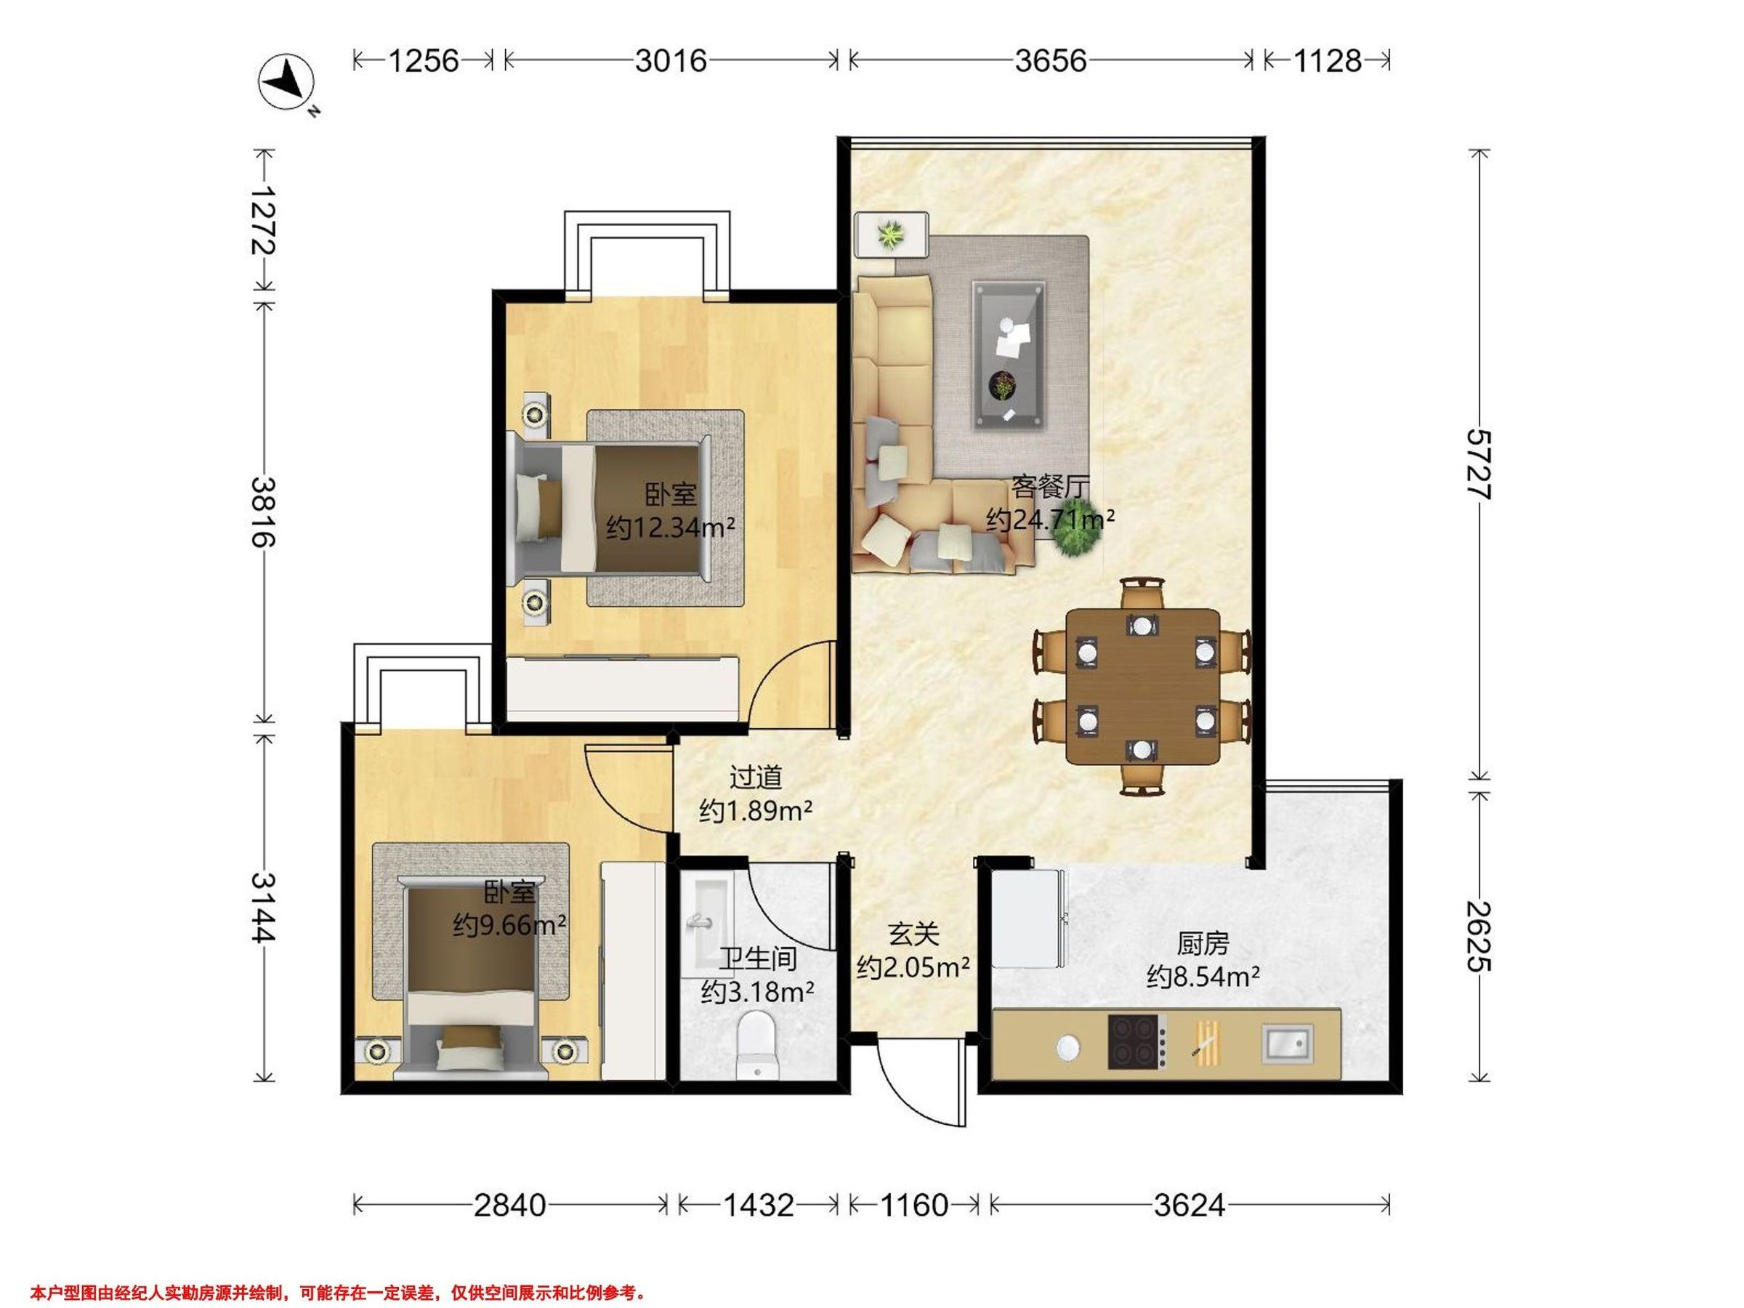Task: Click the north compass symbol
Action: coord(288,83)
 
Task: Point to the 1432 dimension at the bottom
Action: coord(758,1205)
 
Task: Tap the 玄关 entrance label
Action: coord(913,934)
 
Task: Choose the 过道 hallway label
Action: coord(755,777)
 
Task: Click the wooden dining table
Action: coord(1142,687)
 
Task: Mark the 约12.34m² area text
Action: coord(670,526)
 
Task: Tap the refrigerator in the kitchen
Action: coord(1028,917)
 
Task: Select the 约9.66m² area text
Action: coord(509,924)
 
